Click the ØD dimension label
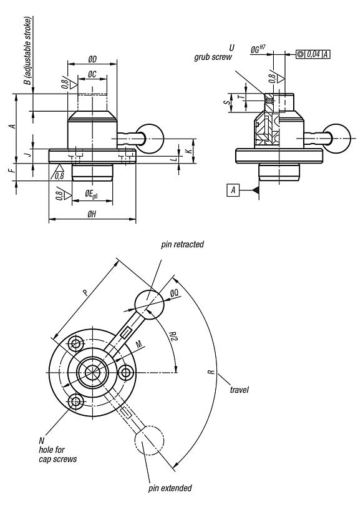point(92,59)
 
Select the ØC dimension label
point(92,74)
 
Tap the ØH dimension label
point(92,214)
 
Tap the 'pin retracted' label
point(182,245)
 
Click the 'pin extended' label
point(170,488)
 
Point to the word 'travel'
point(239,390)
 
